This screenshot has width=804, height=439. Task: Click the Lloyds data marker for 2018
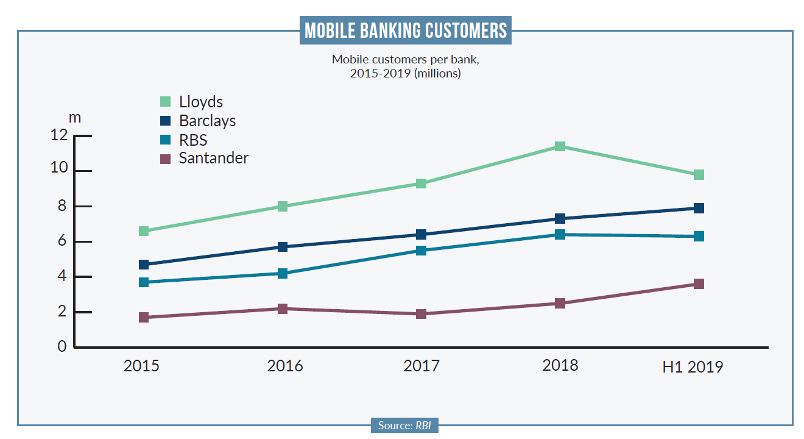560,146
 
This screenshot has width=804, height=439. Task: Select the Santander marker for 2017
421,314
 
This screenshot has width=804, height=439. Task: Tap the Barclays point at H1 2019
699,209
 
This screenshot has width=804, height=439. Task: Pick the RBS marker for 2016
282,273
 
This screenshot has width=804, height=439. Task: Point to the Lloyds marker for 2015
144,231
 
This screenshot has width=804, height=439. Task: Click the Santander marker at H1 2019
699,284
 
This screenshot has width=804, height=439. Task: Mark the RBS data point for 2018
560,235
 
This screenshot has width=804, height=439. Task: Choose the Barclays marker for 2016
282,247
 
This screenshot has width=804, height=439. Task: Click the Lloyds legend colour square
165,102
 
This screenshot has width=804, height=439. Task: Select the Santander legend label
214,159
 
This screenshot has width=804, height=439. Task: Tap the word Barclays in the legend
207,121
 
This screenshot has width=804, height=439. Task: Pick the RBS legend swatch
165,140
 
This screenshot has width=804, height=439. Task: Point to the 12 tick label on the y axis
59,135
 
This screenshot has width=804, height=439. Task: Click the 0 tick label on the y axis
62,347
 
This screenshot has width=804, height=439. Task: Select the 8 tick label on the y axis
62,206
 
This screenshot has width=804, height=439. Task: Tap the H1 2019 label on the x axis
693,368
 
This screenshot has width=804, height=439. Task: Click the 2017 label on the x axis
421,366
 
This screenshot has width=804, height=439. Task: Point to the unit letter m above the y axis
74,117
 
